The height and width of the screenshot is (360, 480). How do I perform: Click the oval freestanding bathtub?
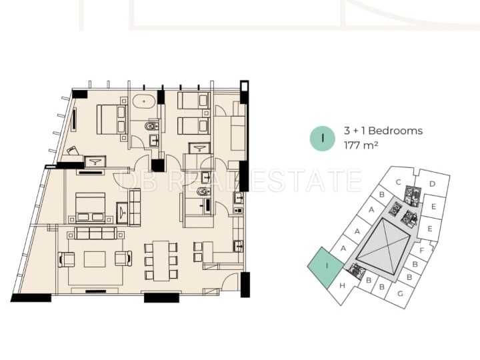click(x=143, y=101)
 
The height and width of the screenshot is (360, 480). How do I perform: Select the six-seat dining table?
click(x=161, y=261)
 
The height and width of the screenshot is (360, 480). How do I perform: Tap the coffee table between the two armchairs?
click(x=95, y=259)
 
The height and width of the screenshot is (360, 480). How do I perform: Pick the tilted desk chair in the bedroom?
click(x=73, y=151)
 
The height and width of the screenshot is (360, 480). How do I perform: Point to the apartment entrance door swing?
click(x=229, y=282)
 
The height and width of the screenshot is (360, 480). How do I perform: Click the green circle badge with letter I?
click(x=323, y=139)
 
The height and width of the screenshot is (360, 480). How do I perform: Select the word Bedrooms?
click(x=395, y=131)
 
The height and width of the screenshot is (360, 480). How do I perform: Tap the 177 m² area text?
click(x=361, y=145)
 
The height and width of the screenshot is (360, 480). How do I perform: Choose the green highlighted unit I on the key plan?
click(x=326, y=267)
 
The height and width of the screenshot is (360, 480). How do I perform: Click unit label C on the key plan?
click(x=398, y=182)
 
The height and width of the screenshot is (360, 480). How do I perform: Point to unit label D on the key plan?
click(x=432, y=184)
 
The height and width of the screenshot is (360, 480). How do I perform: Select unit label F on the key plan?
click(x=421, y=251)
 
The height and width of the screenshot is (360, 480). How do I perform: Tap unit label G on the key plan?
click(x=400, y=294)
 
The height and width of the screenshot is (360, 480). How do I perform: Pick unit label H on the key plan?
click(x=342, y=285)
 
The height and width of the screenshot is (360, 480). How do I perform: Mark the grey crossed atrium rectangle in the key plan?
click(x=383, y=247)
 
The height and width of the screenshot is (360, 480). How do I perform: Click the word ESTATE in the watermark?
click(x=306, y=180)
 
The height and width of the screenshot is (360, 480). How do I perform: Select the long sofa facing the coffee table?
click(x=95, y=233)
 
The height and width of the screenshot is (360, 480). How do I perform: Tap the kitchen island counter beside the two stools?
click(x=208, y=251)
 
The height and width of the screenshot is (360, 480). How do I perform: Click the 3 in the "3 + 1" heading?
click(x=347, y=131)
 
